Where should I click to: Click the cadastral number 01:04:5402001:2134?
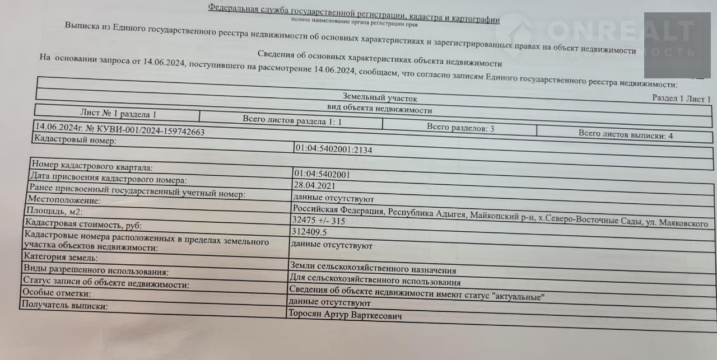[333, 150]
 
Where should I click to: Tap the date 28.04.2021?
[314, 185]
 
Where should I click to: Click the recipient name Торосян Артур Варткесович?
[345, 315]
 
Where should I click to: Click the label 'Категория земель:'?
[60, 258]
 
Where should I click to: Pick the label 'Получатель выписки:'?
[63, 306]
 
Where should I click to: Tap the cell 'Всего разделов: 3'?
[460, 127]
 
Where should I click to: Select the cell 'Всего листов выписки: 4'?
[626, 134]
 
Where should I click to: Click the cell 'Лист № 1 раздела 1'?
[118, 114]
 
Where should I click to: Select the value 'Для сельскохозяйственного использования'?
[375, 282]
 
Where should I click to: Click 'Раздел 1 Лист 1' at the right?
[681, 99]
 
